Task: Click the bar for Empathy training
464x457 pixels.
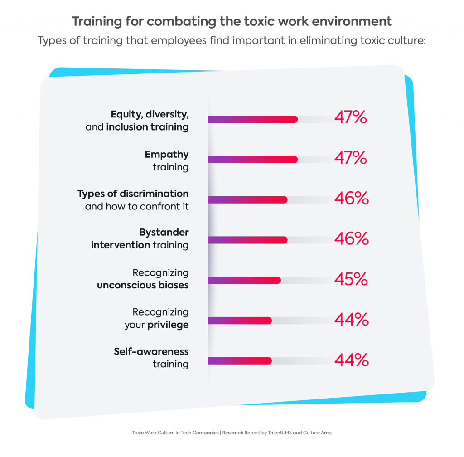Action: click(x=253, y=160)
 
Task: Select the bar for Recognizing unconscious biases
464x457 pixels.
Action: click(x=245, y=280)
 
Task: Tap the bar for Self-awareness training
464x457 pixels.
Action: click(x=240, y=361)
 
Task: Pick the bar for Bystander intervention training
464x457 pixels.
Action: click(x=248, y=240)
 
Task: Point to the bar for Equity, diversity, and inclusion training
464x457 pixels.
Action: click(x=253, y=119)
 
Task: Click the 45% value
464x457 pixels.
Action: click(x=351, y=279)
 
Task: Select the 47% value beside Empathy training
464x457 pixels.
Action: click(x=350, y=158)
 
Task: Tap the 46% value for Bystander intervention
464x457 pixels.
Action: click(x=351, y=239)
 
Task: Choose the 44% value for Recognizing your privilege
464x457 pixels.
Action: click(x=351, y=320)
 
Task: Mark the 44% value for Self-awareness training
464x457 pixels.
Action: click(x=351, y=360)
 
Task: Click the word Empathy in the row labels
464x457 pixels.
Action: click(x=166, y=155)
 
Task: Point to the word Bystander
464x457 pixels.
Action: click(x=164, y=233)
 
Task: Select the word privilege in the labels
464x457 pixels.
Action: click(x=168, y=325)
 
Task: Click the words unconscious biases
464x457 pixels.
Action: click(x=143, y=286)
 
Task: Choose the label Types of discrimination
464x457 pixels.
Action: click(x=133, y=194)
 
